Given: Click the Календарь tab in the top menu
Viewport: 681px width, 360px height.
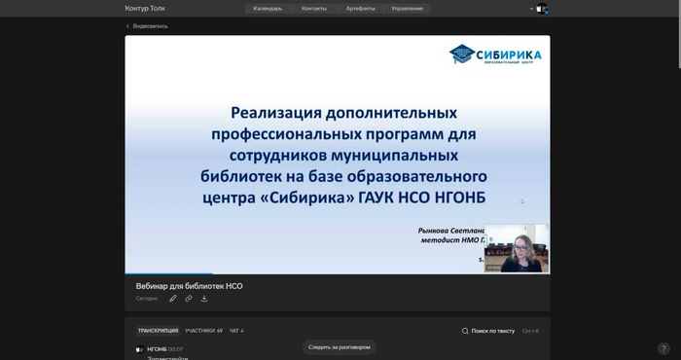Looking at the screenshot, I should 268,8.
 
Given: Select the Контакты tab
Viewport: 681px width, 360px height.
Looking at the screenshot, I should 314,8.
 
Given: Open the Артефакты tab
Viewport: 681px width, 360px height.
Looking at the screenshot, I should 360,8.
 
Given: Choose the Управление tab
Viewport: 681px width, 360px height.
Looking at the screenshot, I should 407,8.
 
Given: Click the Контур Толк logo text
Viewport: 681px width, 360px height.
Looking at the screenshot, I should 145,8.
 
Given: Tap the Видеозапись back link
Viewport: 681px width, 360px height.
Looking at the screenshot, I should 150,26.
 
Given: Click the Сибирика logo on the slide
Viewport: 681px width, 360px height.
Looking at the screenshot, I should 495,55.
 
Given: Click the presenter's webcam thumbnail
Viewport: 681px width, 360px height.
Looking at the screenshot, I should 517,248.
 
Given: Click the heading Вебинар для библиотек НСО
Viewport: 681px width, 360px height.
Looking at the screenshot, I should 189,286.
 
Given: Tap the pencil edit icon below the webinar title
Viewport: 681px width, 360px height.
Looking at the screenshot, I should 173,299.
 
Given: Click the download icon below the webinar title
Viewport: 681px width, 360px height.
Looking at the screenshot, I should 204,299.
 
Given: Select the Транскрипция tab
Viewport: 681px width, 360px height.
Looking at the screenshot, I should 158,331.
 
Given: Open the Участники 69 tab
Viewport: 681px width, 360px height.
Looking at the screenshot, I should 204,331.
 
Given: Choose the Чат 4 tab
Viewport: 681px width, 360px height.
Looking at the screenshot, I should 236,331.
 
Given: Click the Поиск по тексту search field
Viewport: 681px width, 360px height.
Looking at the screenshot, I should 492,331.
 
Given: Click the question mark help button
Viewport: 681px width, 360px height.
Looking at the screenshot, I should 663,348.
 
